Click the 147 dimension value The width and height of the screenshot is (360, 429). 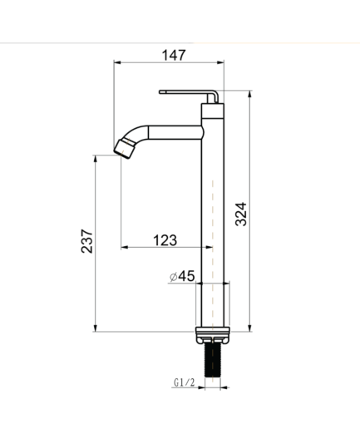click(174, 55)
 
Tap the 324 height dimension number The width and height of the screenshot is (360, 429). click(240, 214)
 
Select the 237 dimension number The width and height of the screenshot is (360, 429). click(86, 241)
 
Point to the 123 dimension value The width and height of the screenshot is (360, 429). click(165, 240)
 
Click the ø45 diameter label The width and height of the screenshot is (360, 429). click(182, 276)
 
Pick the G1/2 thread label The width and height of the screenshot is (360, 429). click(185, 382)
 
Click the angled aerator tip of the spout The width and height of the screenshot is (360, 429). click(124, 149)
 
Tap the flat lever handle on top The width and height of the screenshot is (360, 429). click(189, 95)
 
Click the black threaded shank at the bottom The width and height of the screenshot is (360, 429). click(212, 360)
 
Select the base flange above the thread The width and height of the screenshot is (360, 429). click(213, 335)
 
